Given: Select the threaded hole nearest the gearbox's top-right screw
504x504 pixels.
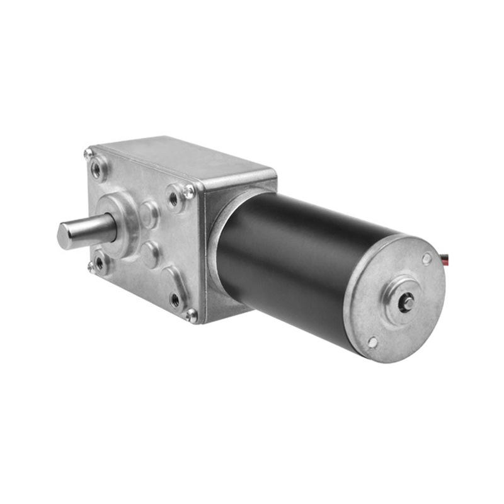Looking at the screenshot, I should [x=173, y=199].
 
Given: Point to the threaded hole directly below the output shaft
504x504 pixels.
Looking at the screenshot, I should [x=100, y=264].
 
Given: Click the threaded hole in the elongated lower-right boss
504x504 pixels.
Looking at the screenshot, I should [x=175, y=300].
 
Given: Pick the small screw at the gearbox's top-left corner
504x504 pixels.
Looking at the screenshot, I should [x=88, y=153].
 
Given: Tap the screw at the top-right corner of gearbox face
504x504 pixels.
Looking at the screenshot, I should [x=189, y=191].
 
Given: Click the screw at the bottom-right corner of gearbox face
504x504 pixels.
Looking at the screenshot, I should [x=191, y=315].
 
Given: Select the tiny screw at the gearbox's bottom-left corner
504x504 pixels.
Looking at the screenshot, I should [x=91, y=269].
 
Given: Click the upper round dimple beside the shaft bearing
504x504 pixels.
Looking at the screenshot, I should [x=149, y=215].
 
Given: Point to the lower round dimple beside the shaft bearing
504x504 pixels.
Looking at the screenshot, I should [x=149, y=253].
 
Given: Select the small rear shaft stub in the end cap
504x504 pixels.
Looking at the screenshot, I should [x=408, y=302].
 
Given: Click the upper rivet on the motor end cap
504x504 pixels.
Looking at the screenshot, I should [x=427, y=258].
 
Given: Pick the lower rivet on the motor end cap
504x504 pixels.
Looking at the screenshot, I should [x=373, y=342].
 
